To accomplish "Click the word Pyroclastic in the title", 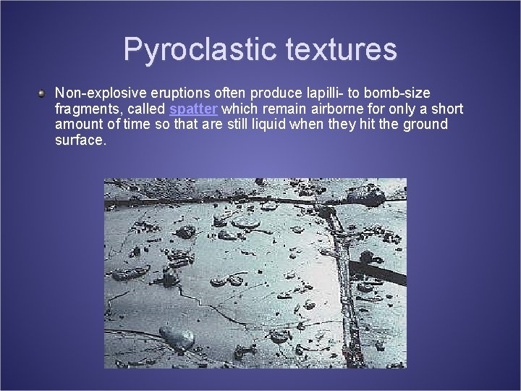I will pyautogui.click(x=200, y=50).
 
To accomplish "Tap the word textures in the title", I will pyautogui.click(x=342, y=50).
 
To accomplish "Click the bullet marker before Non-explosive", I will pyautogui.click(x=43, y=93).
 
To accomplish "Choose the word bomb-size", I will pyautogui.click(x=399, y=93).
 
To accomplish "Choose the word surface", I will pyautogui.click(x=80, y=140).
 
